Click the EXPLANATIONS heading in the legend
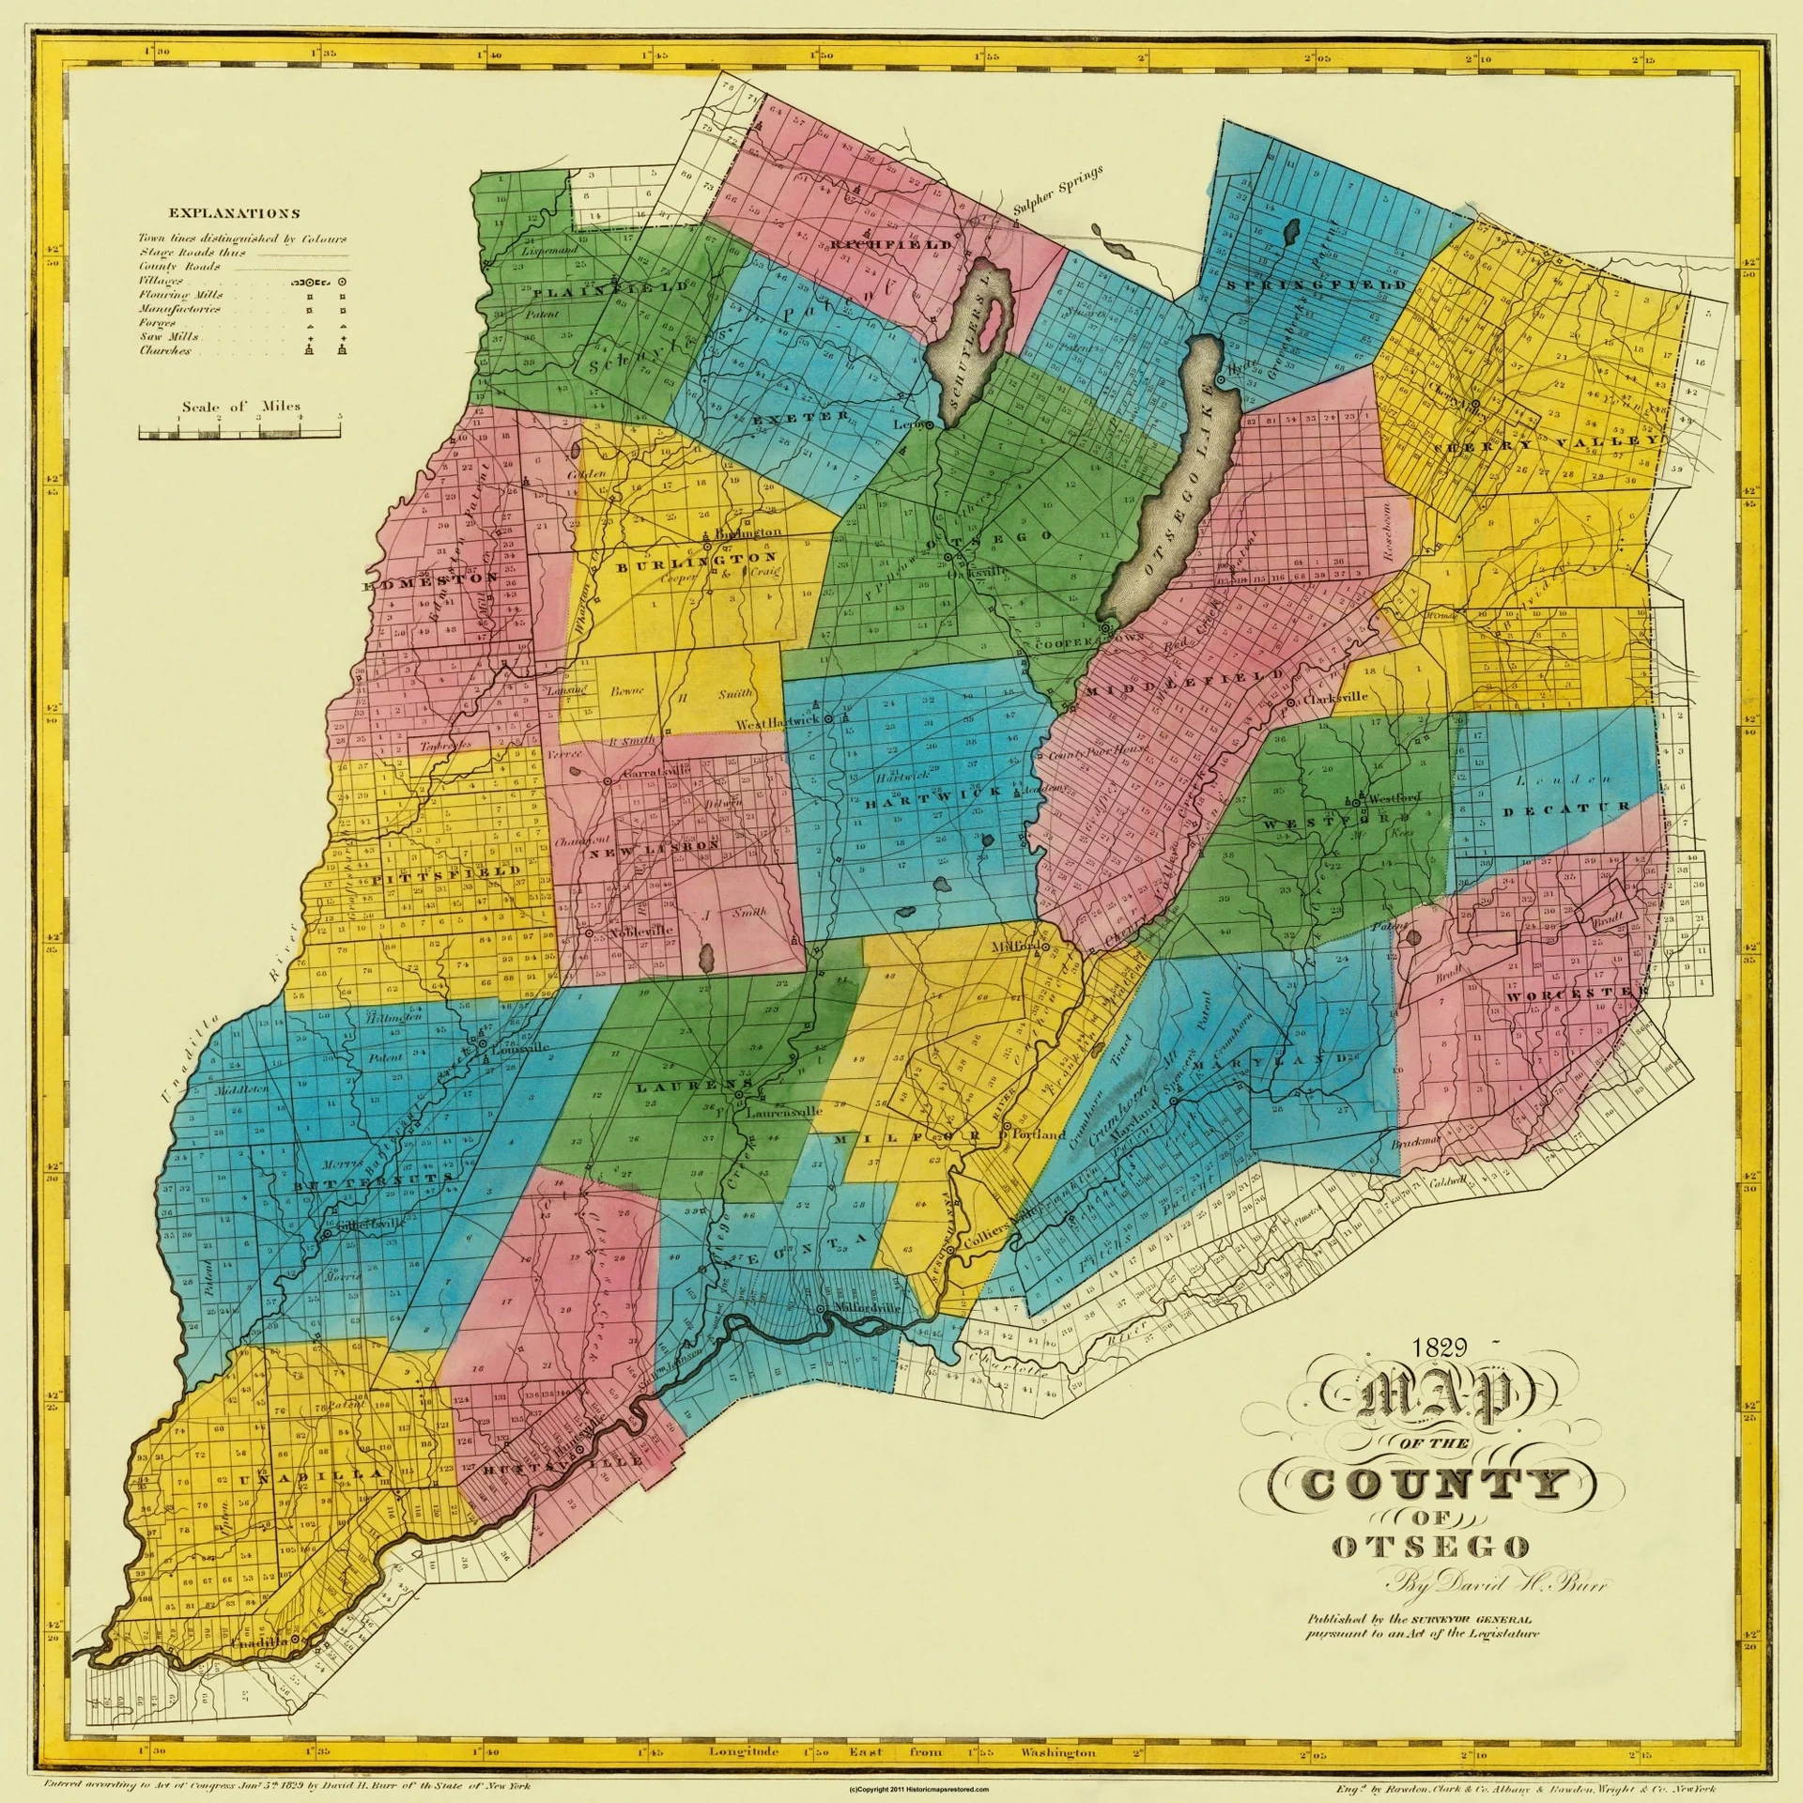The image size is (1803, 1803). (235, 214)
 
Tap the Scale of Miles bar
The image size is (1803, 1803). (239, 432)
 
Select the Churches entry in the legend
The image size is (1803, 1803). (166, 351)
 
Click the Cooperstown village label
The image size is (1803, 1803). (1089, 643)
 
